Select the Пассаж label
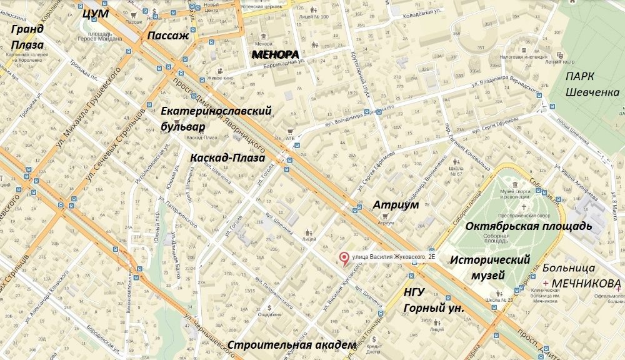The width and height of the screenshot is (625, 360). point(167,36)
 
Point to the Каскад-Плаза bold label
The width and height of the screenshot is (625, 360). point(227,157)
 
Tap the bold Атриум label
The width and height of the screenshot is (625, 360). point(395,205)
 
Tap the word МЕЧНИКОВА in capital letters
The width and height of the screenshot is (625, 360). point(587,283)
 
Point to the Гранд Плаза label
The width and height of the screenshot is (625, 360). point(27,37)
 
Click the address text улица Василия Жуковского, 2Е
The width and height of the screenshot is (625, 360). point(392,256)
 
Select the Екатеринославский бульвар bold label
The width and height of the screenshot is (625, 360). point(216,119)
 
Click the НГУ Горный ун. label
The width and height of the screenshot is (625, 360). point(434,301)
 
